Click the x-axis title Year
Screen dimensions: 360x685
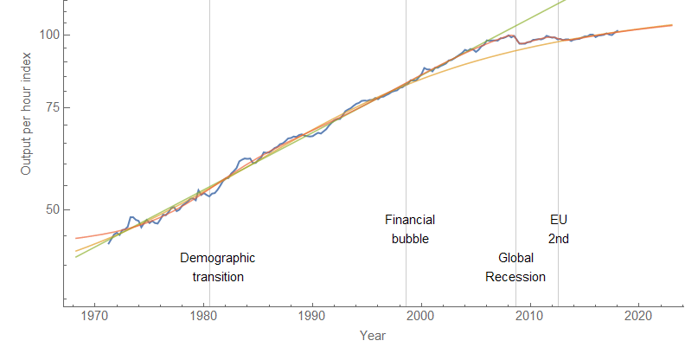click(x=374, y=336)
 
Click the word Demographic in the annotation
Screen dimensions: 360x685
click(x=218, y=258)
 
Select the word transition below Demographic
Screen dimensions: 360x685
click(x=218, y=277)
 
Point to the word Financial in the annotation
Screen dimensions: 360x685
click(x=410, y=220)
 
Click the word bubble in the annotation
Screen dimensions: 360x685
click(x=410, y=239)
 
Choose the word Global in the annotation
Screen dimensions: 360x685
click(x=515, y=258)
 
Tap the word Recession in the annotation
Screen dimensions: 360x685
click(x=515, y=277)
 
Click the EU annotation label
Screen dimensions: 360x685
click(x=559, y=220)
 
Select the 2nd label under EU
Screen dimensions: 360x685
click(x=559, y=239)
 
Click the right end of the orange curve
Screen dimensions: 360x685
click(x=671, y=25)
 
